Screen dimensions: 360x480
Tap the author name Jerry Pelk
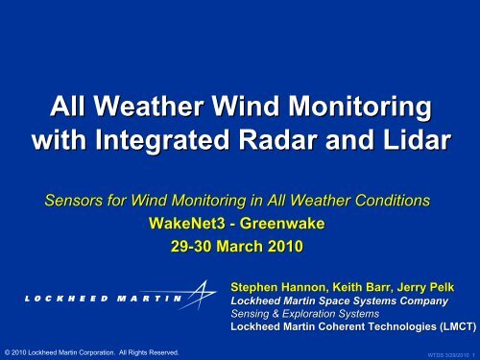[437, 286]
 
